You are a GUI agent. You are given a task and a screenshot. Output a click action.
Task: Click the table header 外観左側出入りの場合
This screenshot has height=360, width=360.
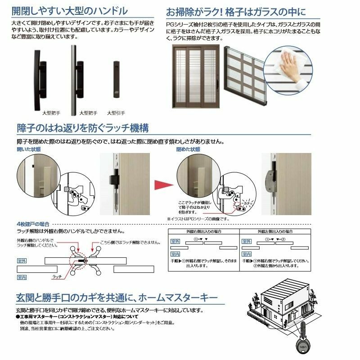click(275, 232)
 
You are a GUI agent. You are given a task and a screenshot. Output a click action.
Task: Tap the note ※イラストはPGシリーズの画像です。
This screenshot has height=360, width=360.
click(198, 219)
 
